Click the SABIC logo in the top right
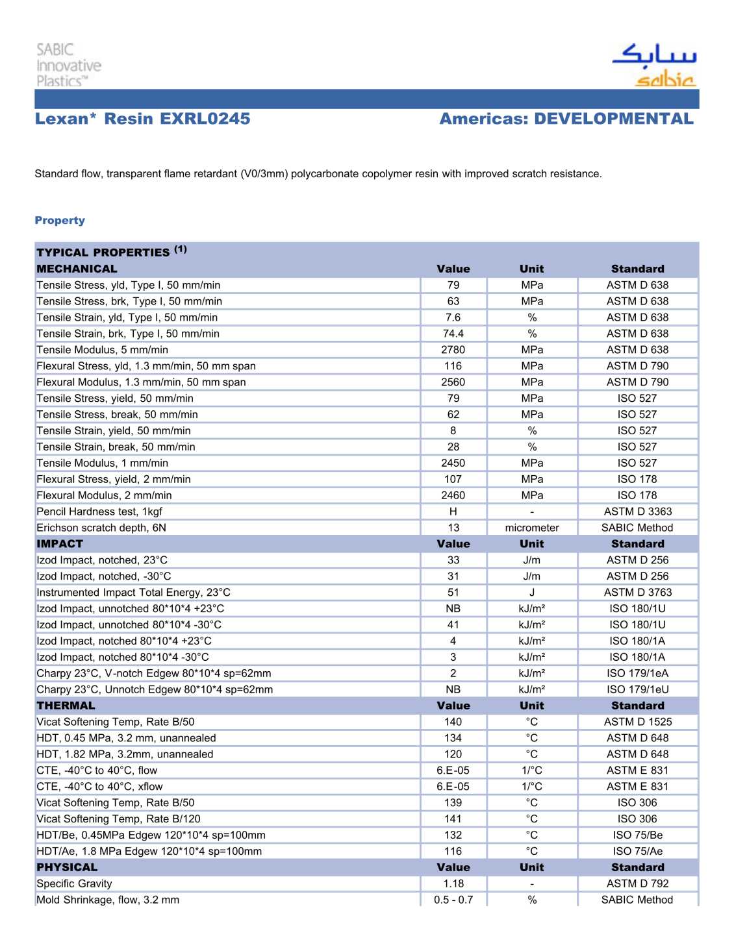[x=655, y=65]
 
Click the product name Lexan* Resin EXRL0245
[x=142, y=119]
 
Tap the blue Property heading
[x=60, y=221]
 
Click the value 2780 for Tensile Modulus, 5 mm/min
[x=453, y=350]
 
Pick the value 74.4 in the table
[x=453, y=334]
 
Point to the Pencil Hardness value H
[x=453, y=511]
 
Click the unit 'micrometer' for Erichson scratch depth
[x=532, y=528]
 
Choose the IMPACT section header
[x=60, y=544]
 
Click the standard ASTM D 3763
[x=637, y=593]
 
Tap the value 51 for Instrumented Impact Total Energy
[x=453, y=593]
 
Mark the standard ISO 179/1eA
[x=637, y=673]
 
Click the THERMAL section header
[x=66, y=706]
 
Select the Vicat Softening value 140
[x=453, y=722]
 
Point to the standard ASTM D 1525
[x=637, y=722]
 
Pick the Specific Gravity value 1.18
[x=453, y=883]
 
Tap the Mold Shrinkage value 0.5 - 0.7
[x=453, y=900]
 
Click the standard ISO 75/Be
[x=637, y=835]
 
